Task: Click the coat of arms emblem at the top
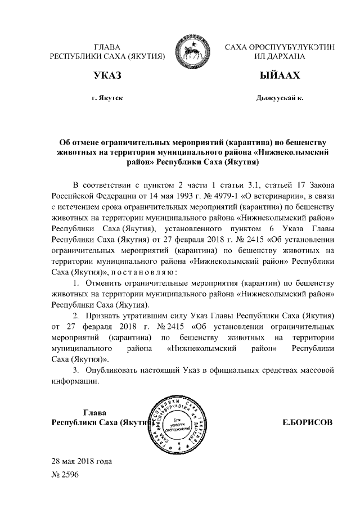(x=193, y=52)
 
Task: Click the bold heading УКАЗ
(x=107, y=76)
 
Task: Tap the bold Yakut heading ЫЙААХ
(x=279, y=76)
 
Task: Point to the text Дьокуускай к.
(x=279, y=98)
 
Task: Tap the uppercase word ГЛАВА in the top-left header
(x=107, y=47)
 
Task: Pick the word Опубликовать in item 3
(x=118, y=371)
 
